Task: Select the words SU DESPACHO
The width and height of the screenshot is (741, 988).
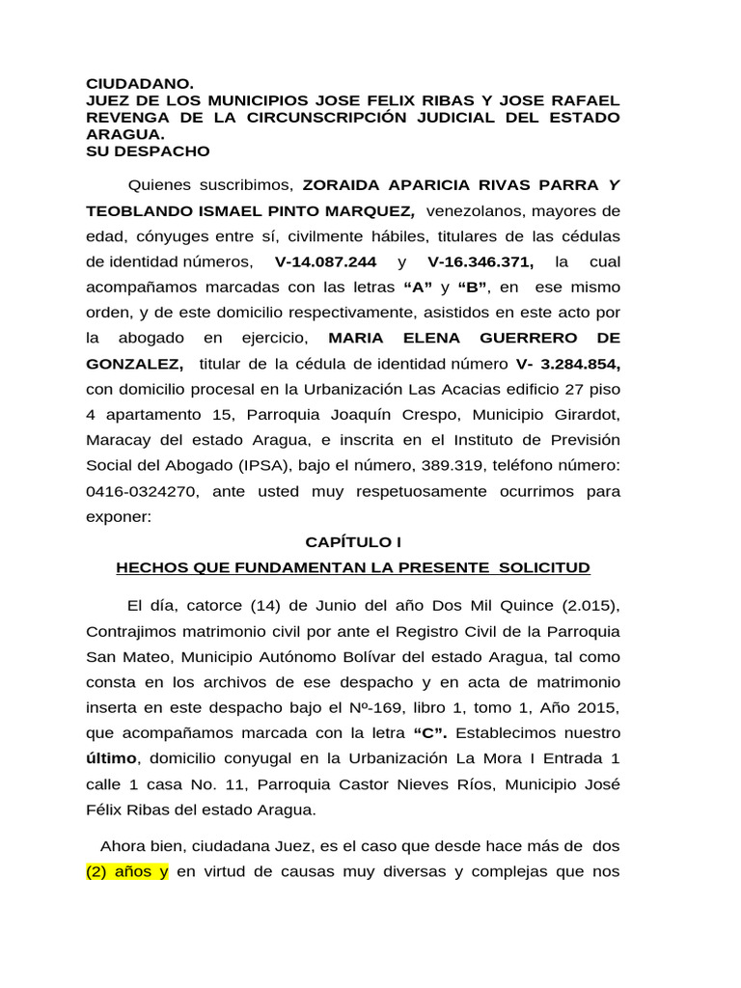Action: (148, 151)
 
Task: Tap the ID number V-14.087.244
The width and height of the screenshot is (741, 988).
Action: (325, 262)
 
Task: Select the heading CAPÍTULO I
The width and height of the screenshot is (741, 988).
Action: (352, 542)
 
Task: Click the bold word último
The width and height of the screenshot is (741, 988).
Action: (111, 758)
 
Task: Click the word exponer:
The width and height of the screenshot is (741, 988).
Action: (119, 516)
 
